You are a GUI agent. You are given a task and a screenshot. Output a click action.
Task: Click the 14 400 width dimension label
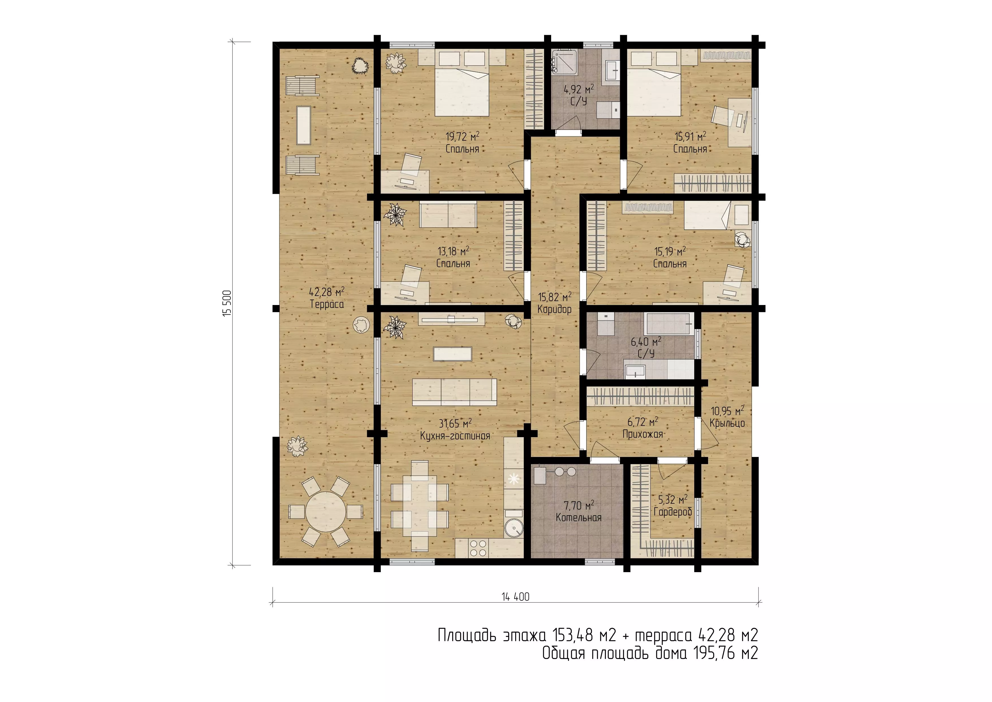(x=516, y=597)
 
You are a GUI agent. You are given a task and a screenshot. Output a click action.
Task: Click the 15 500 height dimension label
(x=227, y=303)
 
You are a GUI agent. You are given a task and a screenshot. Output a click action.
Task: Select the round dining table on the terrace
(x=326, y=512)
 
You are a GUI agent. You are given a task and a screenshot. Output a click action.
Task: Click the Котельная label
(x=579, y=518)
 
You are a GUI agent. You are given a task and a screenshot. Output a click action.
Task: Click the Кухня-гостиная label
(x=455, y=436)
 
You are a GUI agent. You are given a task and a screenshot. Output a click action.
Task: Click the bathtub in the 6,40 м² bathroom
(x=669, y=324)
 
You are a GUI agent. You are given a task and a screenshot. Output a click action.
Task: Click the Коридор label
(x=555, y=309)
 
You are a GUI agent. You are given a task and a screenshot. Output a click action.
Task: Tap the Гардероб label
(x=673, y=512)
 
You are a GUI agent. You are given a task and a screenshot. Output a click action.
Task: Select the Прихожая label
(x=643, y=434)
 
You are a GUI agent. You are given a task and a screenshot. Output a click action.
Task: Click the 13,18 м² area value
(x=453, y=251)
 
